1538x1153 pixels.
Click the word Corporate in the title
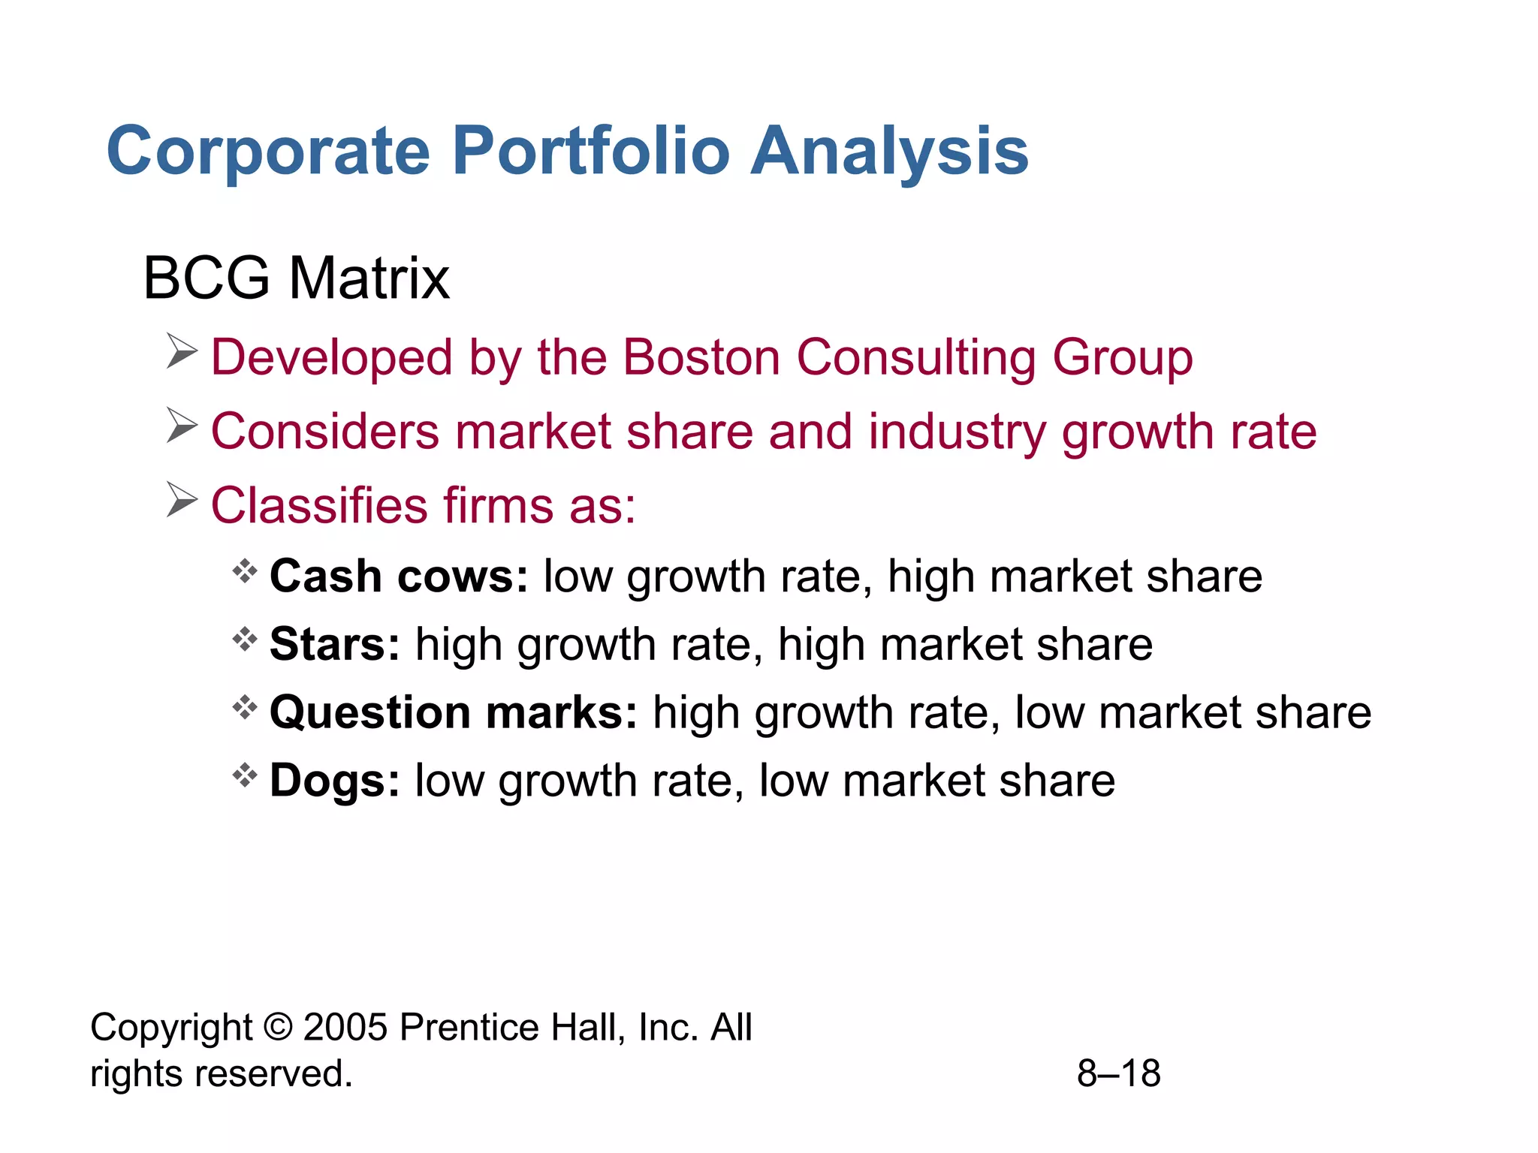[268, 152]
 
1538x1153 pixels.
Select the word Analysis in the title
[889, 152]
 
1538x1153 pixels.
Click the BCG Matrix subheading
[296, 278]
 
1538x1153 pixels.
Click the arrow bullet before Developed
[181, 352]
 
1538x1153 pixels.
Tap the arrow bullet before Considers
[181, 426]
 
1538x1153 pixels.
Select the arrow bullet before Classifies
[181, 500]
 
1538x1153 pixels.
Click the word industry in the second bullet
[957, 433]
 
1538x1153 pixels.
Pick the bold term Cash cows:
[399, 576]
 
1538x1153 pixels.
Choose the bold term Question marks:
[454, 712]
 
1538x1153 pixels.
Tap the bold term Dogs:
[335, 781]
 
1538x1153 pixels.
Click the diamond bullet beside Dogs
[244, 775]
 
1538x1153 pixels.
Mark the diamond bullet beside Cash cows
[244, 572]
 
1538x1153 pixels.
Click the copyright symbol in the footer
[278, 1027]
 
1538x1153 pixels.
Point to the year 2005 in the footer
[345, 1027]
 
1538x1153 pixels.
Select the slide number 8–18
[1118, 1073]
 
